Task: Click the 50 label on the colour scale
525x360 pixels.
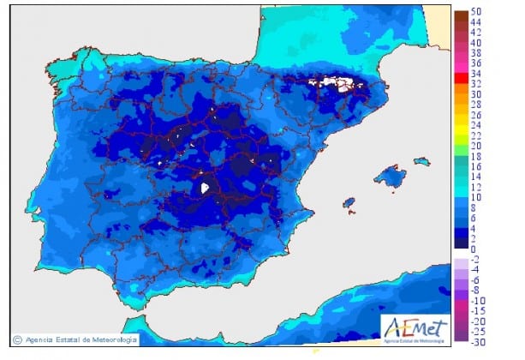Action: click(475, 13)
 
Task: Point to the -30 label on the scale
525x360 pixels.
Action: click(476, 340)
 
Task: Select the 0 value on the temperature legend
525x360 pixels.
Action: click(474, 249)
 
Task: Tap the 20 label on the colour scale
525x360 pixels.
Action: click(475, 147)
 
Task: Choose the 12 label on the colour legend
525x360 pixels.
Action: click(475, 187)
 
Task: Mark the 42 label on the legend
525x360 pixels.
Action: click(475, 33)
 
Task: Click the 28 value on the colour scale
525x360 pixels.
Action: click(475, 105)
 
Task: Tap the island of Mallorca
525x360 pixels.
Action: click(390, 177)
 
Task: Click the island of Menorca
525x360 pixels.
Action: click(421, 160)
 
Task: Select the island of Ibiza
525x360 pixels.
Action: click(349, 203)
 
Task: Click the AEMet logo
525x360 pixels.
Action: click(414, 327)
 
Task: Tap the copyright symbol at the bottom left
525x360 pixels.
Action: click(18, 338)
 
